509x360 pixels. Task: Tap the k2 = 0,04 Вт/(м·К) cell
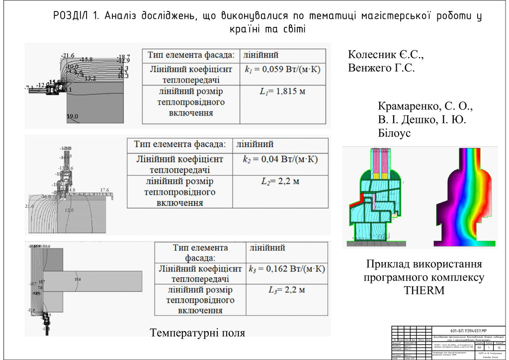tap(280, 160)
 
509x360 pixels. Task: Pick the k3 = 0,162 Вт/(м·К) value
tap(286, 269)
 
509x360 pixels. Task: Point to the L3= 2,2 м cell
tap(286, 290)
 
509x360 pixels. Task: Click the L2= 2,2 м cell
tap(280, 181)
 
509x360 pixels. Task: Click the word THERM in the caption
tap(424, 290)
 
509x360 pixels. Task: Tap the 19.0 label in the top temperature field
tap(73, 117)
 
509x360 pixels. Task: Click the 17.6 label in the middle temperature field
tap(104, 190)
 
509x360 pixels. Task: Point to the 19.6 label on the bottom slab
tap(78, 280)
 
